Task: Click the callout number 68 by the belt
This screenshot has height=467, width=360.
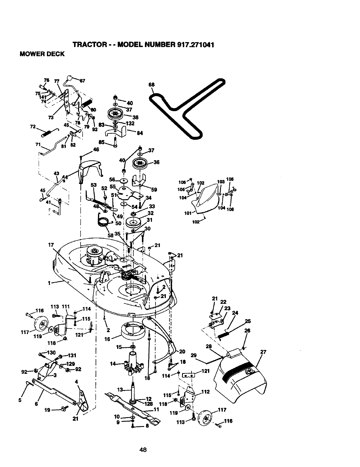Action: click(x=152, y=85)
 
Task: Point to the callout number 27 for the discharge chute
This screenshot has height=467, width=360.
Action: click(x=264, y=352)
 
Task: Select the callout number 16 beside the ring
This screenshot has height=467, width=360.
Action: click(x=107, y=339)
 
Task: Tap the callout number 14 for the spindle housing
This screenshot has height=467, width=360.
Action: click(x=113, y=364)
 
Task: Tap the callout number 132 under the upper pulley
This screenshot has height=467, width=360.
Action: click(x=130, y=124)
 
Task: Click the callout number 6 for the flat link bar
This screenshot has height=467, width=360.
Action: click(x=36, y=404)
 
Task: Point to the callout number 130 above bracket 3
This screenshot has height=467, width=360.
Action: click(x=52, y=353)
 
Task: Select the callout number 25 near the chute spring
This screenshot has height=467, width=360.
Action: click(x=248, y=321)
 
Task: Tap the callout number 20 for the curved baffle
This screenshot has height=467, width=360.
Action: click(x=182, y=351)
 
